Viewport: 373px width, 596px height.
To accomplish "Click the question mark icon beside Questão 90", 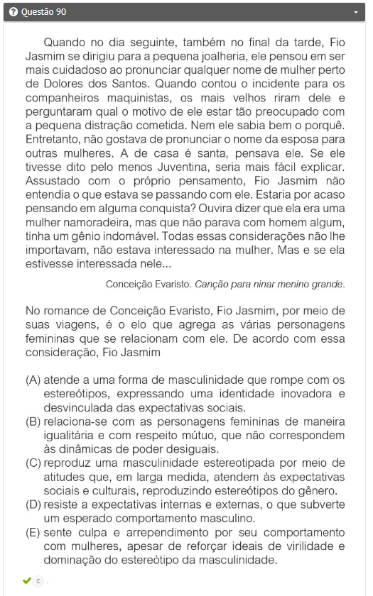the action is tap(13, 12).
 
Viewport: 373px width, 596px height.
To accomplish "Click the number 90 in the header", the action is tap(60, 12).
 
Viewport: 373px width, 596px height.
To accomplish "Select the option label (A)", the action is tap(33, 380).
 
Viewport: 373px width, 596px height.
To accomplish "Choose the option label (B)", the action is tap(33, 421).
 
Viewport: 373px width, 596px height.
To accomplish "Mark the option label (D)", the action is tap(33, 504).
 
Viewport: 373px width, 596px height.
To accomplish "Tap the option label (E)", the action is tap(33, 532).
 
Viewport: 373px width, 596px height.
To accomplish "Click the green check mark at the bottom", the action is tap(26, 581).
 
